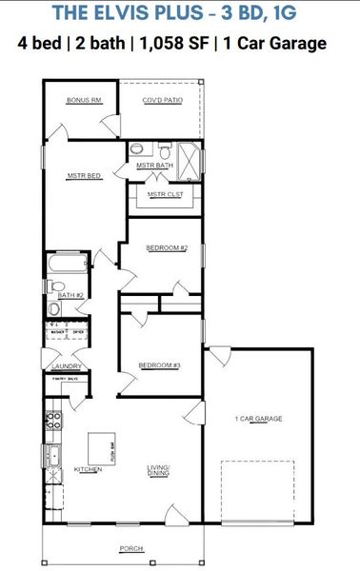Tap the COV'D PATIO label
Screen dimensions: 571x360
[161, 100]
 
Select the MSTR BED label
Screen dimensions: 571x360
[83, 176]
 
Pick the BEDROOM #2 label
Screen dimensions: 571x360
[166, 247]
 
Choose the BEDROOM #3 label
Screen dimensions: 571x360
[159, 365]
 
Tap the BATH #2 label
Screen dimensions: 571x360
[67, 296]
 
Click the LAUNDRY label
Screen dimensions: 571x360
[65, 365]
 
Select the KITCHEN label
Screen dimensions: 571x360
[88, 469]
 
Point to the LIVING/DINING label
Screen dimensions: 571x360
[158, 469]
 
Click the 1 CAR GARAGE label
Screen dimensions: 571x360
[259, 419]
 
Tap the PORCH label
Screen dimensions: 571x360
[132, 549]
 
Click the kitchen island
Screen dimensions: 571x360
[102, 446]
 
